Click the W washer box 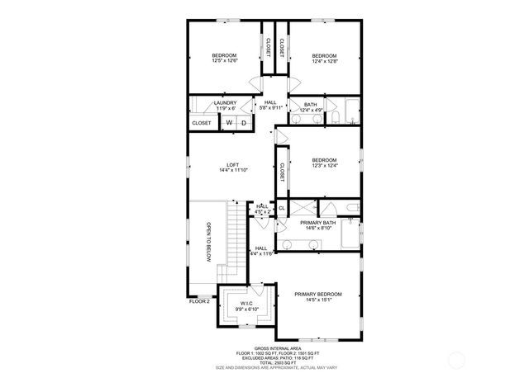click(229, 123)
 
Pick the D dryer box click(244, 123)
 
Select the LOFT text click(233, 166)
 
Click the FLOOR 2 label click(199, 302)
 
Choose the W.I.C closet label click(246, 306)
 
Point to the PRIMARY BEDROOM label click(319, 296)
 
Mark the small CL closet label click(281, 209)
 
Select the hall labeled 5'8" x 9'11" click(270, 105)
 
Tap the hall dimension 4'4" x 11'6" click(261, 251)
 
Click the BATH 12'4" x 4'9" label click(311, 106)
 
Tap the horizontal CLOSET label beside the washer click(201, 123)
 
